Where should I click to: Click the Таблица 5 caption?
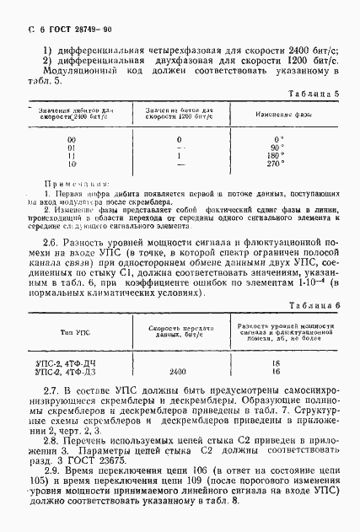click(x=314, y=94)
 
